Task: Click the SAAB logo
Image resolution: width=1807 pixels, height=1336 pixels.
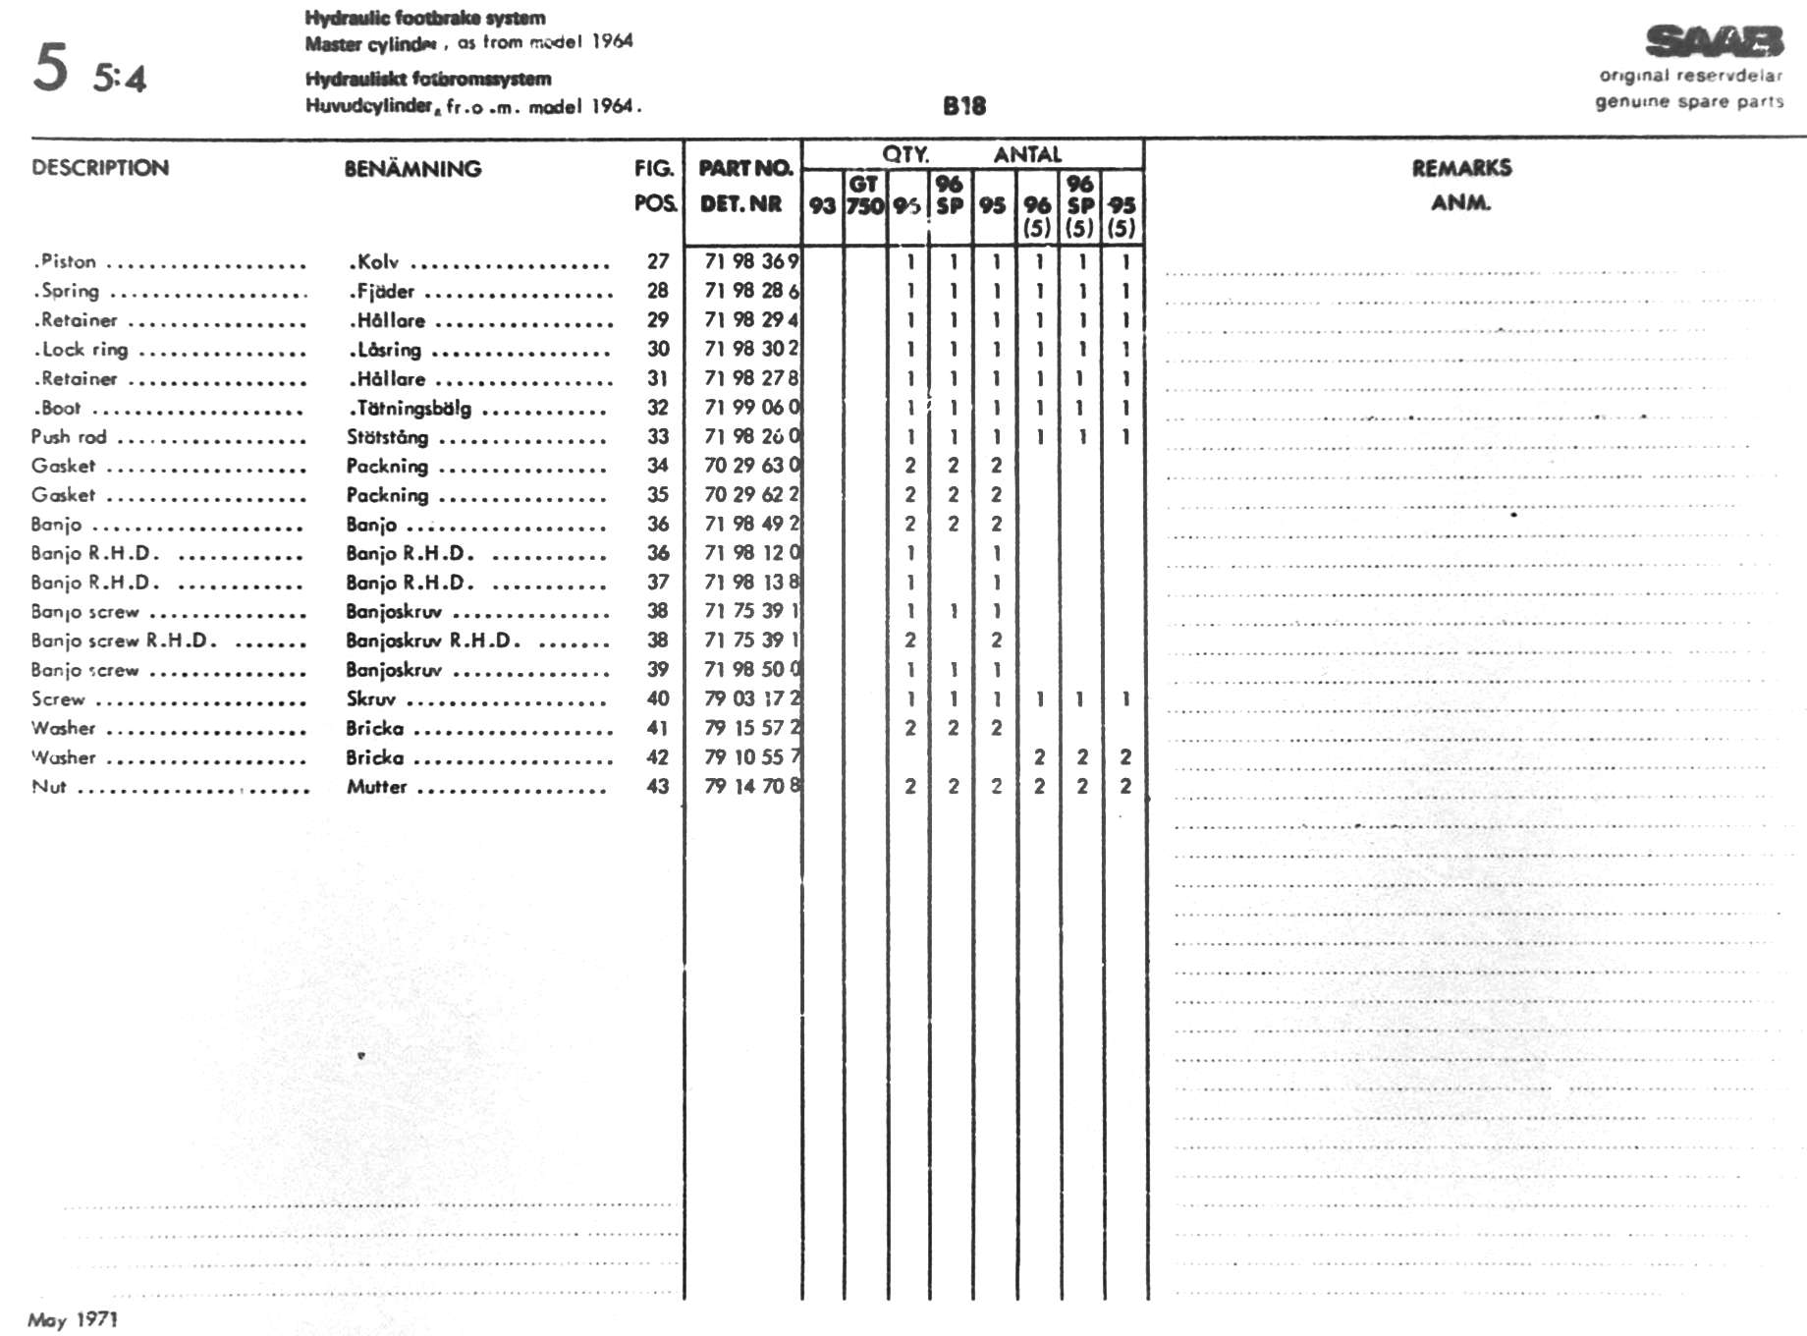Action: click(x=1714, y=42)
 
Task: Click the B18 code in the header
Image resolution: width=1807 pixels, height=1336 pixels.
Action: click(x=963, y=106)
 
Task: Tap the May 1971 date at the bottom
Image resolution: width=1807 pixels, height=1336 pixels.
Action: click(x=73, y=1319)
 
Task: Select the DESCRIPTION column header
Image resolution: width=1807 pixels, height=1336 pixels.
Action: click(x=100, y=168)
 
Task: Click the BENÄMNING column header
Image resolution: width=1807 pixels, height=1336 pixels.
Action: click(x=412, y=169)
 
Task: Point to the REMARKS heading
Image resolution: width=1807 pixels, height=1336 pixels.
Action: click(x=1461, y=168)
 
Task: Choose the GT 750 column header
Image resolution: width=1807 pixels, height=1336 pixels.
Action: click(x=864, y=195)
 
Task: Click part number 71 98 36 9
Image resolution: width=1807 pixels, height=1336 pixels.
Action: click(x=751, y=261)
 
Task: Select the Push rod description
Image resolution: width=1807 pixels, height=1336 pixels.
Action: click(x=69, y=437)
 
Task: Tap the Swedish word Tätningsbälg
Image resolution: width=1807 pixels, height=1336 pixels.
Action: click(x=413, y=409)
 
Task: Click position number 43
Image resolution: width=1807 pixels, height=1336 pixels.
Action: click(x=657, y=787)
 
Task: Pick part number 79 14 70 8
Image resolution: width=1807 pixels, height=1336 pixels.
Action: click(x=751, y=787)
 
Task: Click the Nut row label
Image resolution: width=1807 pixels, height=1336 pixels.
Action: click(x=49, y=787)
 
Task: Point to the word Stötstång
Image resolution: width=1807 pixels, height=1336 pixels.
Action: click(x=387, y=437)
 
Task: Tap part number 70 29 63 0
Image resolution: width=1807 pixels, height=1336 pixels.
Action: click(x=751, y=466)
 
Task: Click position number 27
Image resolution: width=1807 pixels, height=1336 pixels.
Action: click(x=657, y=261)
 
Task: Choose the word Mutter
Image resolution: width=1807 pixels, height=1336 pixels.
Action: click(x=376, y=787)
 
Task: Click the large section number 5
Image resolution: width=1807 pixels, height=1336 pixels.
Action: click(x=51, y=67)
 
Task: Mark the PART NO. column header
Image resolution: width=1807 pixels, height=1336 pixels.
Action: click(x=745, y=168)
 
